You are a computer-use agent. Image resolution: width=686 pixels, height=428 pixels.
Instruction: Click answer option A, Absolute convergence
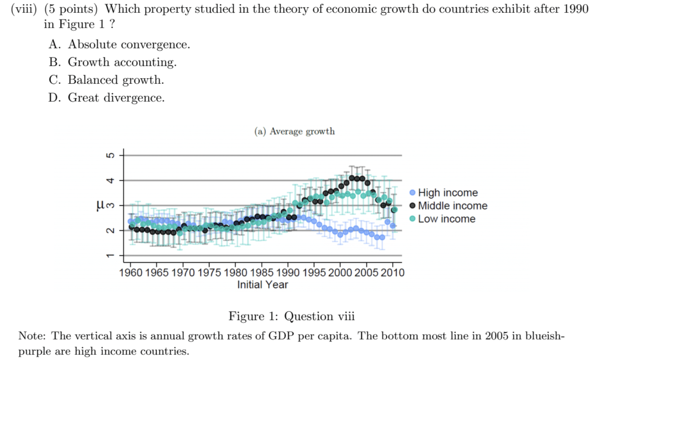pyautogui.click(x=120, y=44)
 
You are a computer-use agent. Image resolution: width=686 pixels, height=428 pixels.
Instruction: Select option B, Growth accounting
pyautogui.click(x=113, y=62)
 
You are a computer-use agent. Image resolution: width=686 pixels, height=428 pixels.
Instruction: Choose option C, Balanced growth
pyautogui.click(x=106, y=80)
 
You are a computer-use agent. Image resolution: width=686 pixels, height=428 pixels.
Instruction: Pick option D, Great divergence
pyautogui.click(x=107, y=98)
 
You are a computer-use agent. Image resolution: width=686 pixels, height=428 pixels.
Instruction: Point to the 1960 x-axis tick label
pyautogui.click(x=130, y=273)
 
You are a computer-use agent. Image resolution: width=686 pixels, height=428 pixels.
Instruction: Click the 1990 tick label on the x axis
pyautogui.click(x=288, y=273)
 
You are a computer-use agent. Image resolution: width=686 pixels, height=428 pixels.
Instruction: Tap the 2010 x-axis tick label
pyautogui.click(x=393, y=273)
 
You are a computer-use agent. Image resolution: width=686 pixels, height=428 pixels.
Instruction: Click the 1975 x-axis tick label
pyautogui.click(x=209, y=273)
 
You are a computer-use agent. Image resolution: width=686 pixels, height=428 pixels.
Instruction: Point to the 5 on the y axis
pyautogui.click(x=109, y=156)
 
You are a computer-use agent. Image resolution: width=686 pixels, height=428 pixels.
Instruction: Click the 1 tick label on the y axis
pyautogui.click(x=109, y=255)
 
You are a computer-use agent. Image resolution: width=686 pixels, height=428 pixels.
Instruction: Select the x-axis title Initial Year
pyautogui.click(x=262, y=285)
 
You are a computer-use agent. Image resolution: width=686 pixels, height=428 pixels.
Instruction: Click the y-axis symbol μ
pyautogui.click(x=100, y=205)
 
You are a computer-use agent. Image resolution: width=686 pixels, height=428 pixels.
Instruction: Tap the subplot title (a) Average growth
pyautogui.click(x=295, y=131)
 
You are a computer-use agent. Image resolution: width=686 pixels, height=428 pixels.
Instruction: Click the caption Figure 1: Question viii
pyautogui.click(x=291, y=316)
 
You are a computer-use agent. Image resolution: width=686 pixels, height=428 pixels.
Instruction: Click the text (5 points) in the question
pyautogui.click(x=71, y=9)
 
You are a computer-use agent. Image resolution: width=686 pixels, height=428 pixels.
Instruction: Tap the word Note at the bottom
pyautogui.click(x=31, y=336)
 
